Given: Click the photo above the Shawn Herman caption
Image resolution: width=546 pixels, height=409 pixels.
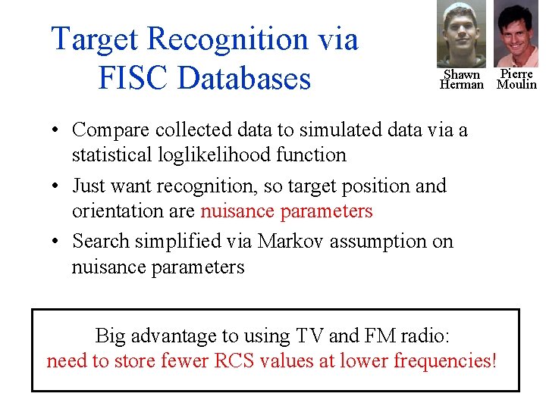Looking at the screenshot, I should coord(461,34).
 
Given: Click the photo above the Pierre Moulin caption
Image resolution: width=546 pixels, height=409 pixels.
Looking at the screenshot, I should coord(516,34).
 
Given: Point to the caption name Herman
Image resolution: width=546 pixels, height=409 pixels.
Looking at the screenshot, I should coord(461,85).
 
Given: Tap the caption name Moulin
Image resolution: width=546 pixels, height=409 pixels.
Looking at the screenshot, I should coord(516,85).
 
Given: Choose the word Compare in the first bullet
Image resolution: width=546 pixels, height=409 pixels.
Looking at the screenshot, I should coord(106,130).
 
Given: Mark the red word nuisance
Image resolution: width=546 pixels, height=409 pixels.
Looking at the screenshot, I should coord(238,211).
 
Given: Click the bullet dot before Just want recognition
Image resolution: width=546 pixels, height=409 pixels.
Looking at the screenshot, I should coord(57,186).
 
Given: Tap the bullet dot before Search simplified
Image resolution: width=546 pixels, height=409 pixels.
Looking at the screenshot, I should coord(57,242).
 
